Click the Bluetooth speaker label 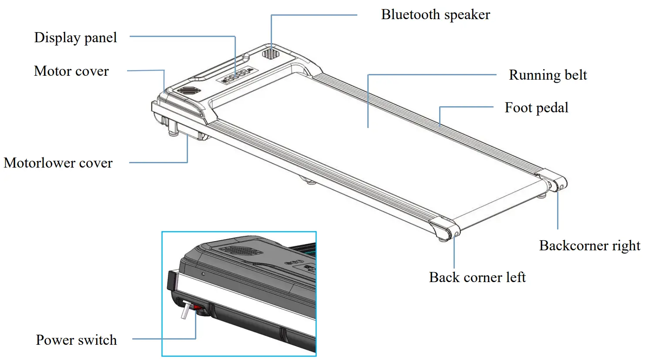pos(435,15)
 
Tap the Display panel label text pos(75,38)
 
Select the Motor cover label pos(71,71)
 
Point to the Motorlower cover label pos(58,163)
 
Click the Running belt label pos(548,75)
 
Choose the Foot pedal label pos(536,108)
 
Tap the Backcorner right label pos(589,246)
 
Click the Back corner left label pos(477,277)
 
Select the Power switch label pos(76,340)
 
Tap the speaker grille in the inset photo pos(241,251)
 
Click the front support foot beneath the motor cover pos(173,130)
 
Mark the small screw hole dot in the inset pos(203,274)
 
